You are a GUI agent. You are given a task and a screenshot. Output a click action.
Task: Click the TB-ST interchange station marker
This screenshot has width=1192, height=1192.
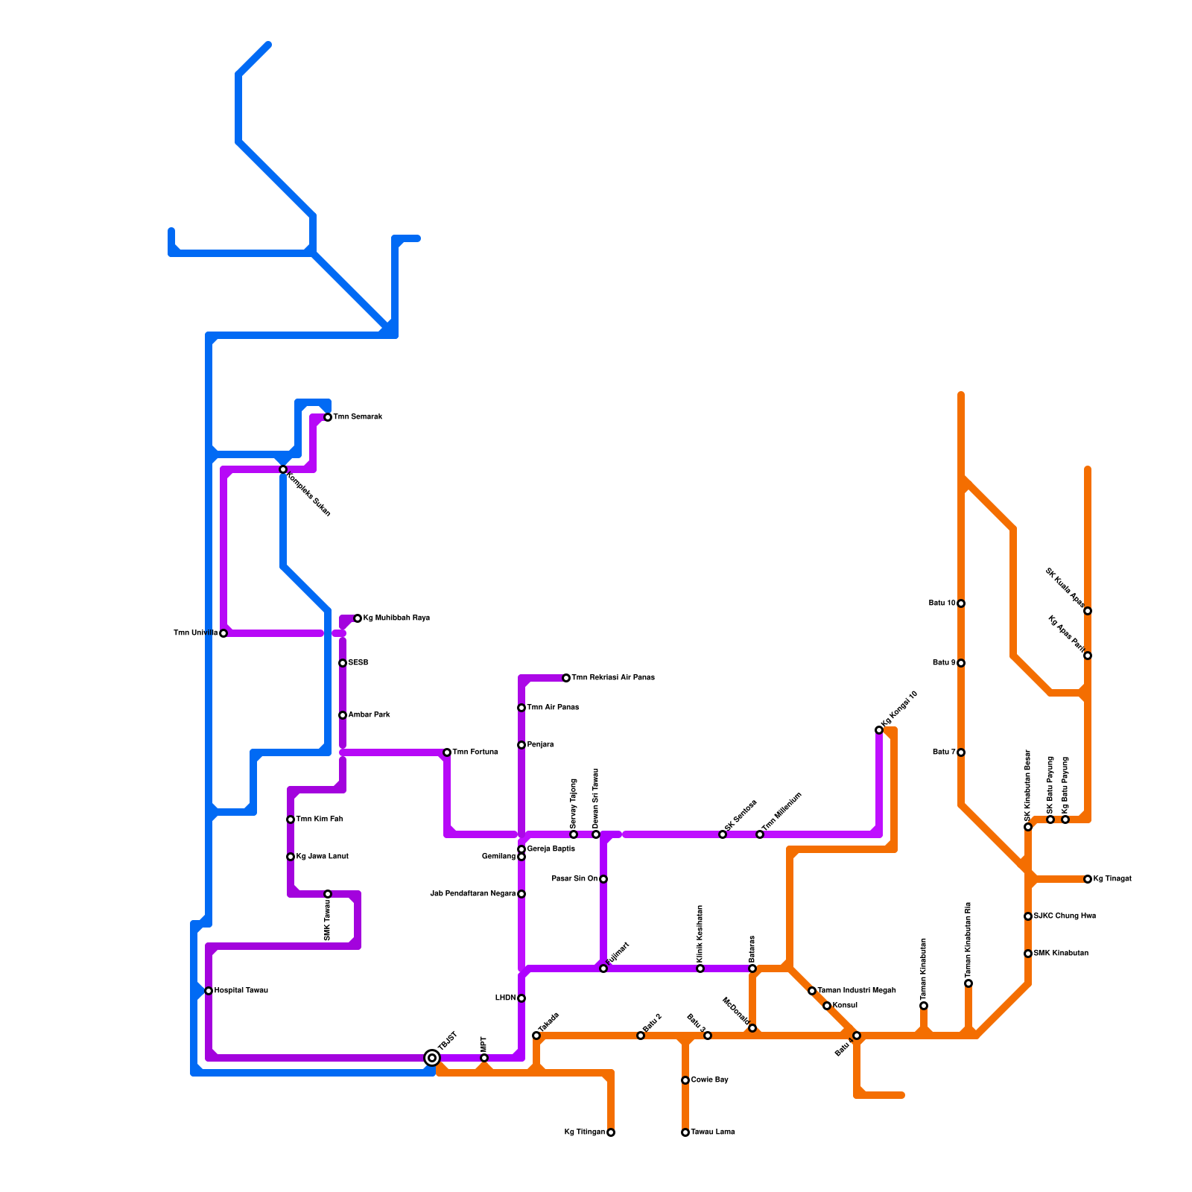tap(432, 1058)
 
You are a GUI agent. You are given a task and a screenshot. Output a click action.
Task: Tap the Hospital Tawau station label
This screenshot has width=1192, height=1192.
tap(241, 991)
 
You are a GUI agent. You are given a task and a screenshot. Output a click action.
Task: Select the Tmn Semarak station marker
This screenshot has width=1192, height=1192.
tap(328, 417)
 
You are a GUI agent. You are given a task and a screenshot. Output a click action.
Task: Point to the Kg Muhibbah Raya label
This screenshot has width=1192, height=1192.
tap(396, 618)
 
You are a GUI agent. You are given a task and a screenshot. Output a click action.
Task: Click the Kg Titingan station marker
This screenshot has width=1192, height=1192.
tap(611, 1132)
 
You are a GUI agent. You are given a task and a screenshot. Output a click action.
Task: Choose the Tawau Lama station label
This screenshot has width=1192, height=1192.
tap(713, 1132)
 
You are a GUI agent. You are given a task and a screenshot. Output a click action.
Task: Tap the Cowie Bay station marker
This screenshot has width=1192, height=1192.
tap(685, 1080)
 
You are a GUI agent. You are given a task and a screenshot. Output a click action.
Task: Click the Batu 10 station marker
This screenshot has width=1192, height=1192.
tap(961, 603)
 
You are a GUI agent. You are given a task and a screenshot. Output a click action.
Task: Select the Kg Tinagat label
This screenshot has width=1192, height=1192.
tap(1112, 879)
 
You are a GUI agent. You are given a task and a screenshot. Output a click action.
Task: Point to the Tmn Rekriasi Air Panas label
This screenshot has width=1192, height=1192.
tap(613, 678)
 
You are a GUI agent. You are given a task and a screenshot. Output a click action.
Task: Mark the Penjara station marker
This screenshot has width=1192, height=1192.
tap(521, 745)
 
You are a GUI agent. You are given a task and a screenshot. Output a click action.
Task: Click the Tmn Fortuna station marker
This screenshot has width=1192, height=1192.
tap(447, 752)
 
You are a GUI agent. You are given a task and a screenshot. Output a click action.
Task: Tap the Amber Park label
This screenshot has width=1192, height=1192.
tap(369, 715)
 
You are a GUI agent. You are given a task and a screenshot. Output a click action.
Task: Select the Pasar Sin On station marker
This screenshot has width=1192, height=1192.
tap(603, 879)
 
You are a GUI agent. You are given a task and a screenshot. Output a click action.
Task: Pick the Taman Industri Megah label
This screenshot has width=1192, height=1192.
tap(857, 991)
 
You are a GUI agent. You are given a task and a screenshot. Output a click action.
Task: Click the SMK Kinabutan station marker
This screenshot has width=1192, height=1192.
tap(1028, 954)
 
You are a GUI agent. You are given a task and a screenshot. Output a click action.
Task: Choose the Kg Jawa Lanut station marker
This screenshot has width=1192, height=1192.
tap(291, 857)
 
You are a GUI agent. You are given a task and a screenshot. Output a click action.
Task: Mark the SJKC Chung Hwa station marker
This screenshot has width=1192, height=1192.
tap(1028, 916)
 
